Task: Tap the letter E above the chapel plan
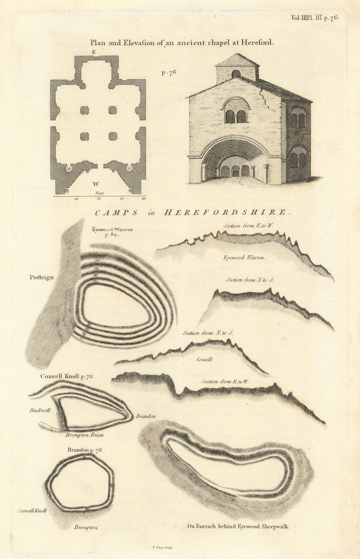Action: click(x=94, y=52)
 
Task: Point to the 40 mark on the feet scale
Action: click(x=143, y=198)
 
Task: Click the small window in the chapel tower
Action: click(x=236, y=74)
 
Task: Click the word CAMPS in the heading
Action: click(x=116, y=212)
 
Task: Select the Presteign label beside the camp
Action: click(x=42, y=277)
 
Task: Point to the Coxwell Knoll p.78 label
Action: click(x=67, y=376)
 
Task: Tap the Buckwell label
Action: click(x=40, y=410)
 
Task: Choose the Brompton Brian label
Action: click(x=84, y=435)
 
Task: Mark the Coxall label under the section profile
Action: click(x=204, y=359)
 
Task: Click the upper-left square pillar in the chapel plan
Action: click(x=84, y=110)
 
